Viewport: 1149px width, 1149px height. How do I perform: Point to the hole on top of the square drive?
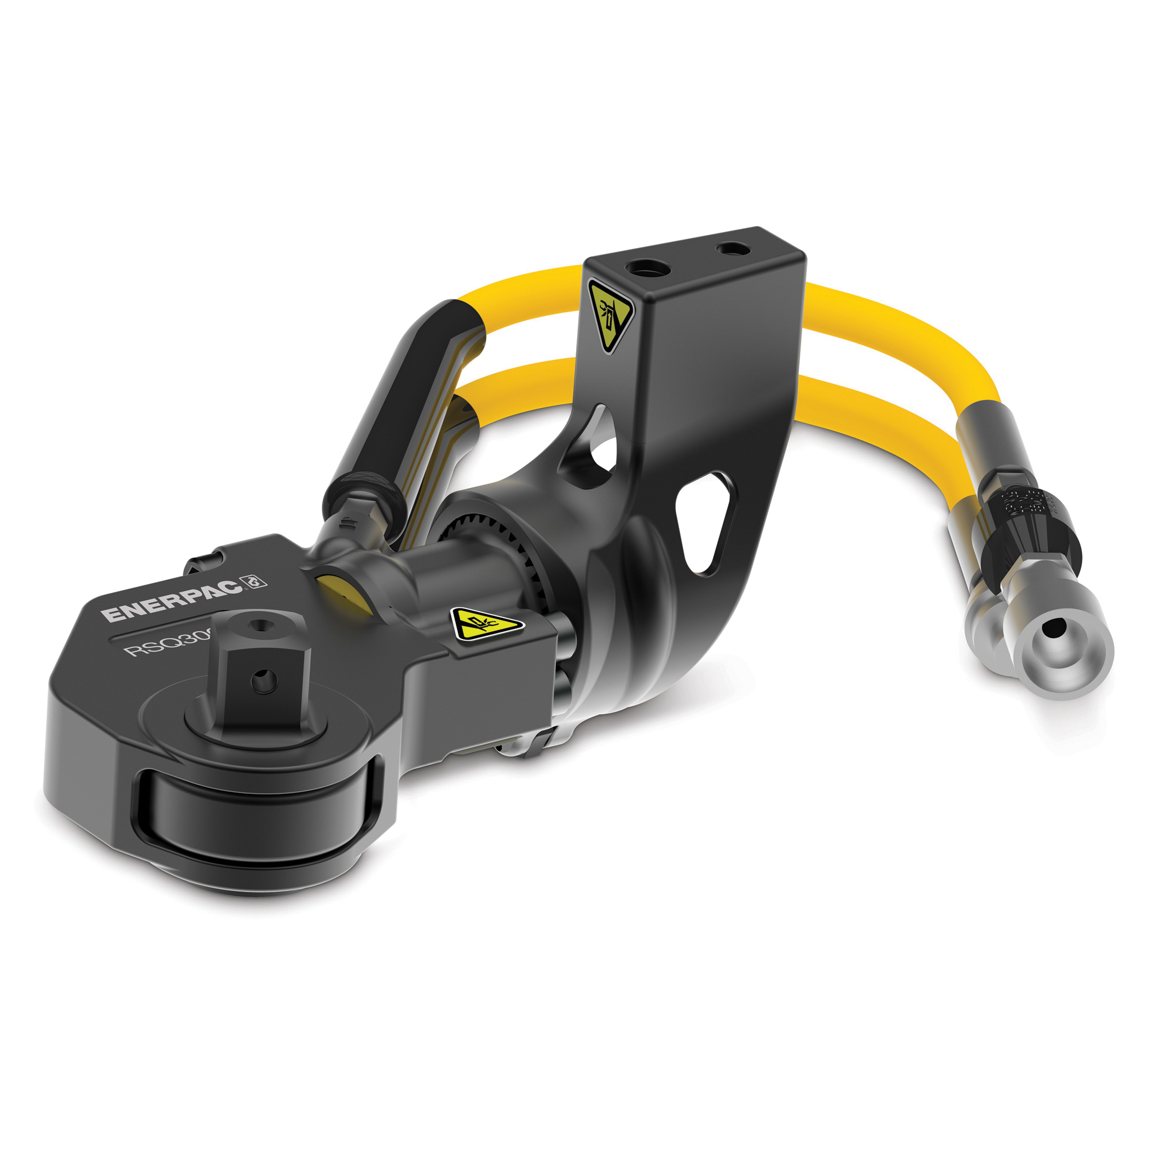(x=259, y=625)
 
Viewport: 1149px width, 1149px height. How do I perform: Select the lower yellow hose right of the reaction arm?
(x=880, y=416)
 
